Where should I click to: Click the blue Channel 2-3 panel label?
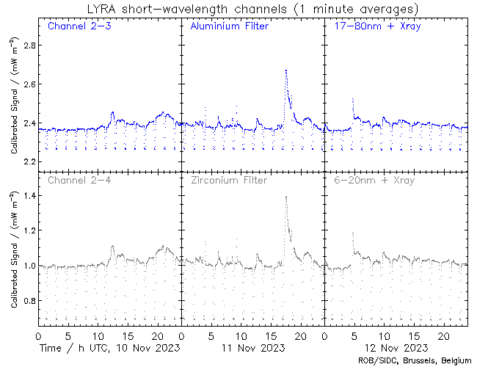[79, 27]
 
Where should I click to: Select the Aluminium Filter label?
[229, 27]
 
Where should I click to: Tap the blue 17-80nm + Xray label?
[374, 27]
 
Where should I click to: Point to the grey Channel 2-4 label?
[79, 180]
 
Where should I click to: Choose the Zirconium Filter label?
[229, 180]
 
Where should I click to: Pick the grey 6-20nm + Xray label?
[374, 180]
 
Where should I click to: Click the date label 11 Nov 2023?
[252, 346]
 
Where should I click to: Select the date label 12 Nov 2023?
[395, 346]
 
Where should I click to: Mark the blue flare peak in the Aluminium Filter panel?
[285, 70]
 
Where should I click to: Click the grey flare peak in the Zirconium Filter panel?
[285, 197]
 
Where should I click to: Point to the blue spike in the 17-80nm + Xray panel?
[353, 98]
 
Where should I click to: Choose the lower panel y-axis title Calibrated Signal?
[15, 250]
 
